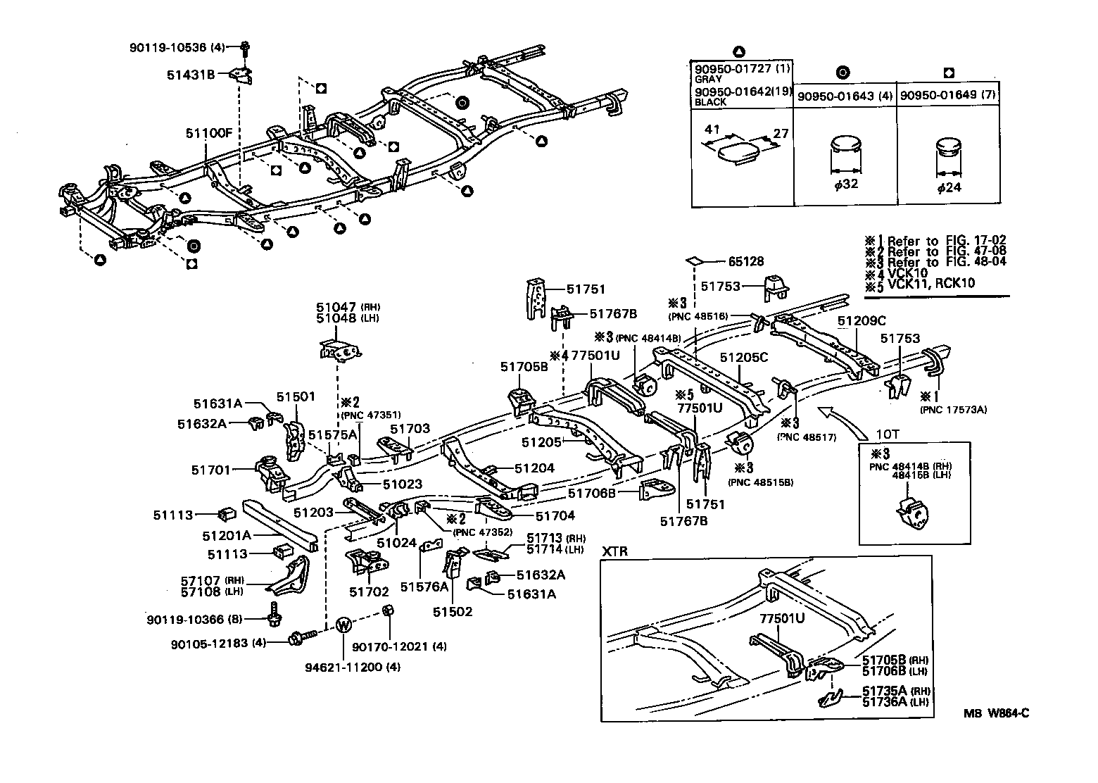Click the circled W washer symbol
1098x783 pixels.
pyautogui.click(x=343, y=625)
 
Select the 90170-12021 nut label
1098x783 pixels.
pyautogui.click(x=398, y=646)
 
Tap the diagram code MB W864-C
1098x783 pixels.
pyautogui.click(x=996, y=713)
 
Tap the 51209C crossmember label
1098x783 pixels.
pyautogui.click(x=862, y=321)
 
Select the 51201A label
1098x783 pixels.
pyautogui.click(x=227, y=535)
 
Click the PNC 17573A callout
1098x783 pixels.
pyautogui.click(x=952, y=409)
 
